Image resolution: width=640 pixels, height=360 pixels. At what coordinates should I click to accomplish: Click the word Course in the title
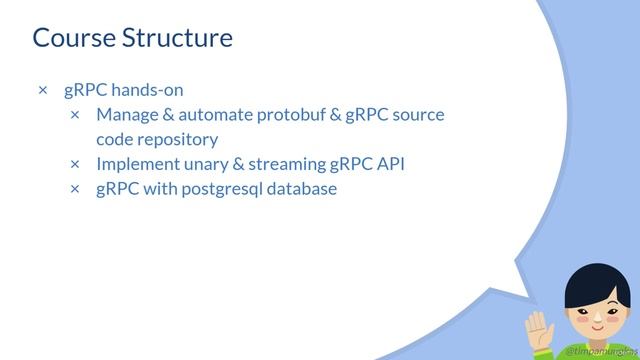coord(73,38)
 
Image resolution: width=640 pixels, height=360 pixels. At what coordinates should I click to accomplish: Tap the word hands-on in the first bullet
coord(146,90)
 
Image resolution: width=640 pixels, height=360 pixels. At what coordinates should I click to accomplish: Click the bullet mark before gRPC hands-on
coord(42,91)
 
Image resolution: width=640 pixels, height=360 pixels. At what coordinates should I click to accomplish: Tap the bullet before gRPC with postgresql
coord(75,189)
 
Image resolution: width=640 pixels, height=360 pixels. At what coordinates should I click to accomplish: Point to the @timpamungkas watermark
coord(598,352)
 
